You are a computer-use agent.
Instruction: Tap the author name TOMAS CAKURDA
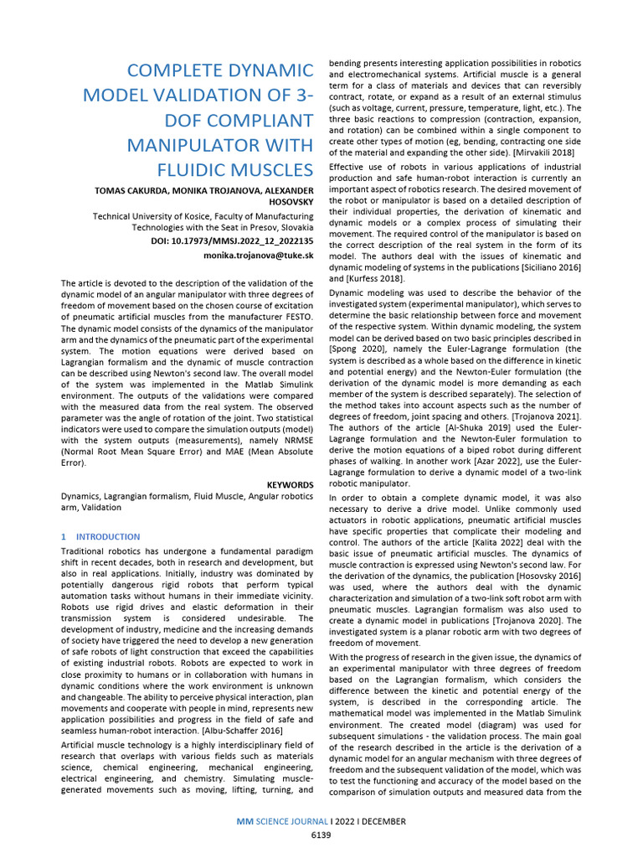click(x=129, y=192)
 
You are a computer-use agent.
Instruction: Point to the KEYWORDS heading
click(x=290, y=484)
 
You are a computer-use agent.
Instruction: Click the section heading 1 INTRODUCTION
click(x=100, y=536)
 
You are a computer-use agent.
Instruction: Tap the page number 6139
click(x=321, y=835)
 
